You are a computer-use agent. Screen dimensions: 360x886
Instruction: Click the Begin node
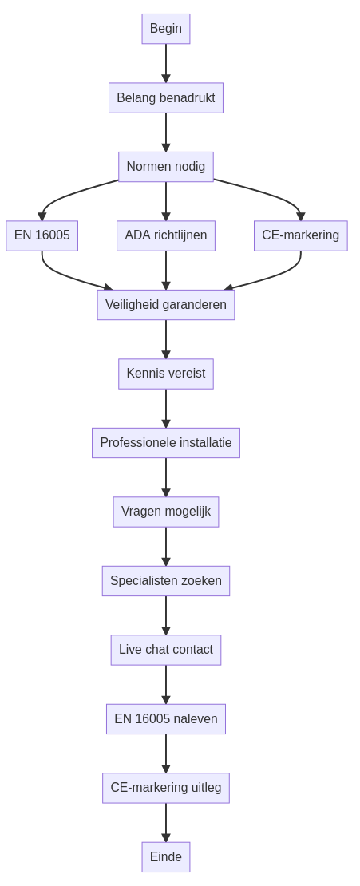[x=165, y=29]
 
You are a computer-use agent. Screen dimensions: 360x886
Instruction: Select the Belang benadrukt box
[x=165, y=97]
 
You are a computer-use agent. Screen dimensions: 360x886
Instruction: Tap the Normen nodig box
[x=165, y=167]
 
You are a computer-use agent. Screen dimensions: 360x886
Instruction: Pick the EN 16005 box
[x=42, y=235]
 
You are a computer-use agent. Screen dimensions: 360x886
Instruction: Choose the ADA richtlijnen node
[x=165, y=235]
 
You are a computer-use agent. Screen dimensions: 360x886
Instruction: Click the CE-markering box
[x=301, y=235]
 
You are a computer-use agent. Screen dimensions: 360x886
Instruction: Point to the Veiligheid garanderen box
[x=165, y=305]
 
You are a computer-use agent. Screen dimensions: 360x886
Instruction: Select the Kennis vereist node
[x=165, y=374]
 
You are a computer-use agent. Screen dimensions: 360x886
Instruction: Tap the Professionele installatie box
[x=165, y=443]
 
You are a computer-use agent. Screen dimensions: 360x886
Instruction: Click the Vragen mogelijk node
[x=165, y=512]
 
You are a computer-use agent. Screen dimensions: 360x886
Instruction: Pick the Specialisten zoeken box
[x=165, y=581]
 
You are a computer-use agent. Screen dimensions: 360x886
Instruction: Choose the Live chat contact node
[x=165, y=650]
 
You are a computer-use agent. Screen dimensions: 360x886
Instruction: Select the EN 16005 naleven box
[x=165, y=719]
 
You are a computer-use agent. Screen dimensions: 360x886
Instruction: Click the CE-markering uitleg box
[x=165, y=789]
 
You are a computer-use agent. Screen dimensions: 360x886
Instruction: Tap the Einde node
[x=165, y=857]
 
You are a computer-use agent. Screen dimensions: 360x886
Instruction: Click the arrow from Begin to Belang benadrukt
[x=165, y=63]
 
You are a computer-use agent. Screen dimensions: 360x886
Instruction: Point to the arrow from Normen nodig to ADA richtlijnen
[x=165, y=201]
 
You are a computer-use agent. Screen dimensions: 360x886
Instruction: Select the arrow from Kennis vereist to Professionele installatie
[x=165, y=409]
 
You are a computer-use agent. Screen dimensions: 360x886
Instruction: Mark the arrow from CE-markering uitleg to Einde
[x=165, y=823]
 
